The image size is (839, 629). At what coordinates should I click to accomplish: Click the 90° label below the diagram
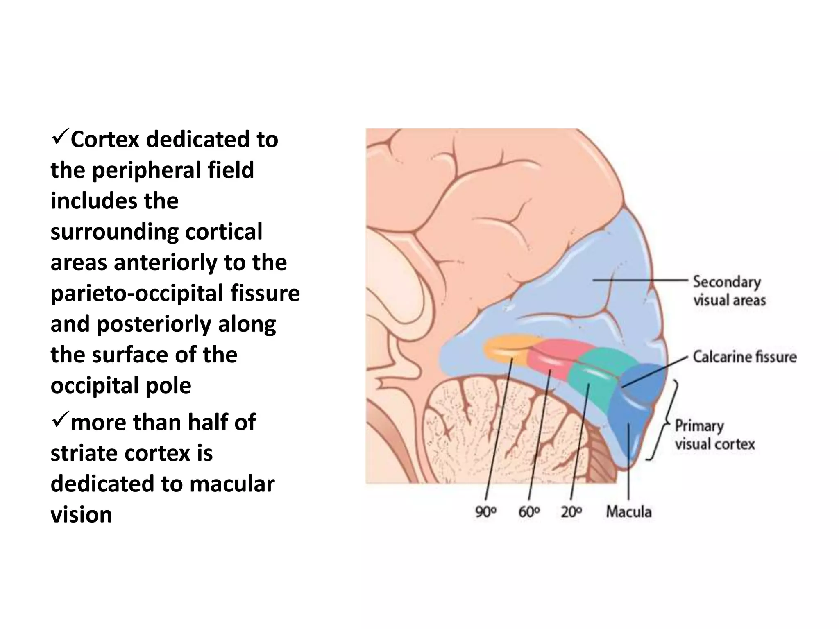pos(485,511)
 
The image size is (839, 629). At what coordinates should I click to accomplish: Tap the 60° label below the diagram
pos(529,511)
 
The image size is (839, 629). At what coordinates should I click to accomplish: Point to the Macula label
pos(628,511)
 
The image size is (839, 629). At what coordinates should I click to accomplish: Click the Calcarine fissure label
pos(744,357)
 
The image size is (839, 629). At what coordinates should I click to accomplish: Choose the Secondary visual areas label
pos(729,291)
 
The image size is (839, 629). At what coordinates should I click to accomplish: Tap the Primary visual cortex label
pos(714,435)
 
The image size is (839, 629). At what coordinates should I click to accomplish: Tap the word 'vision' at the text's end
pos(81,514)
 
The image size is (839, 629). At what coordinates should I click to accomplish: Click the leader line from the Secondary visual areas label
pos(639,281)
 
